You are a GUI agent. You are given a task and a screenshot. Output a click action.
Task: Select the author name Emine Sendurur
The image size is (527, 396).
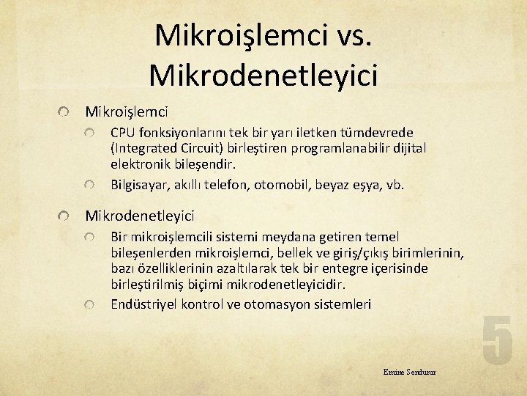click(409, 372)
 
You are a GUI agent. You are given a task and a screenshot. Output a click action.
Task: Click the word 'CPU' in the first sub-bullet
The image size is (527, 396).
click(123, 133)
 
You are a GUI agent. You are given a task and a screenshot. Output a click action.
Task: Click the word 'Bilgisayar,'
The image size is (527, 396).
click(141, 184)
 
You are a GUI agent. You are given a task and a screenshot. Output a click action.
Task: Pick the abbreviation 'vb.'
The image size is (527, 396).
click(394, 184)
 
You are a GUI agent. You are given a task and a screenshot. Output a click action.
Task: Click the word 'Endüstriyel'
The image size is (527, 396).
click(144, 304)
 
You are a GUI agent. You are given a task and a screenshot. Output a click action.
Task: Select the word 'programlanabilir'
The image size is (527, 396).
click(339, 148)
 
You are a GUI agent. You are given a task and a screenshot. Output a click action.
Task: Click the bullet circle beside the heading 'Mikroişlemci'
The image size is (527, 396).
click(65, 112)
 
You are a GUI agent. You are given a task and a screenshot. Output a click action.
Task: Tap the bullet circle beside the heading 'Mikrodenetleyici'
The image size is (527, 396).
click(65, 216)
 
